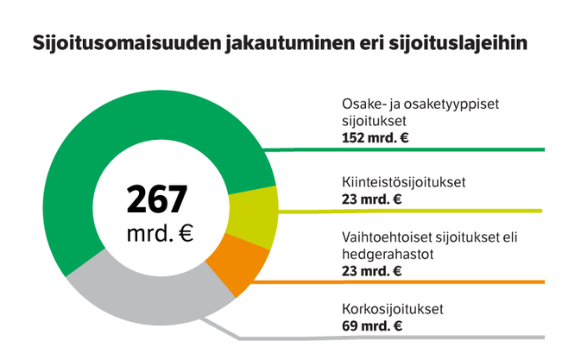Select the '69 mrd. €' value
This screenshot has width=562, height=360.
[372, 325]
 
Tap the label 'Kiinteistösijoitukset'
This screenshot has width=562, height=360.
[403, 182]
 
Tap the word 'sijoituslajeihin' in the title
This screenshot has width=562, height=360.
[454, 44]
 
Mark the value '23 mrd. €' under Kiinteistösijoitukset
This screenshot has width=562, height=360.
[372, 199]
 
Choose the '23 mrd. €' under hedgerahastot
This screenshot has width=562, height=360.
[372, 271]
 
